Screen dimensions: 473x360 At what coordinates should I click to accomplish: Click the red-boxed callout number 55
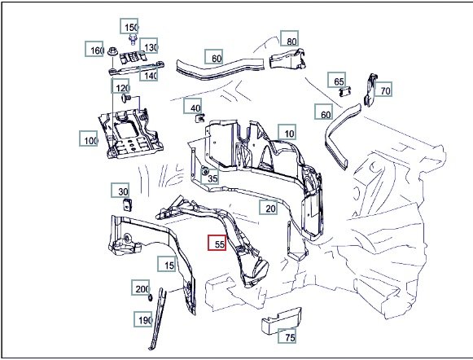tap(217, 243)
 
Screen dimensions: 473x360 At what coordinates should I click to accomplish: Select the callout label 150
tap(129, 26)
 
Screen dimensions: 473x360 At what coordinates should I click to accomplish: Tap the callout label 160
tap(94, 49)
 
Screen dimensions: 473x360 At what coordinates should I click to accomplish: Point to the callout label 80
tap(289, 38)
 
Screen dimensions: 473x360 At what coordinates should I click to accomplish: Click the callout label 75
tap(287, 336)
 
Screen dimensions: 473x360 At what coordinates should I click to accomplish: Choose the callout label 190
tap(143, 319)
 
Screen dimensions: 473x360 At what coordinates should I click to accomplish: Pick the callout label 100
tap(89, 138)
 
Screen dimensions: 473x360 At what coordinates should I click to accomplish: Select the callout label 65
tap(337, 80)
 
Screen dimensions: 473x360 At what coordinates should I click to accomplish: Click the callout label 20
tap(269, 207)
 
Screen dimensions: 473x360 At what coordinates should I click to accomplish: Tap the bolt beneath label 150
tap(133, 40)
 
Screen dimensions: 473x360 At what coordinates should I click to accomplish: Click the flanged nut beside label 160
tap(112, 51)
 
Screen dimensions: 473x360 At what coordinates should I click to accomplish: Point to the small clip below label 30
tap(127, 204)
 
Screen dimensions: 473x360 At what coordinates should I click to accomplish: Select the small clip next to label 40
tap(200, 118)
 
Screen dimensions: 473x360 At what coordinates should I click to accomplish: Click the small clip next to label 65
tap(345, 92)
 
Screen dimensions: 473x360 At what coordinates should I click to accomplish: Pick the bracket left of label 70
tap(370, 90)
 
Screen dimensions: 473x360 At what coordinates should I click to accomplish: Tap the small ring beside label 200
tap(151, 298)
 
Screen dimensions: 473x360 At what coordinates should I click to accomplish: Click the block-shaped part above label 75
tap(281, 321)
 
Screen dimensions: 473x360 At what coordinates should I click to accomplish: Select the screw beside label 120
tap(126, 98)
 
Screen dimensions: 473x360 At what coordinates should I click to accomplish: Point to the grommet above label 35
tap(205, 172)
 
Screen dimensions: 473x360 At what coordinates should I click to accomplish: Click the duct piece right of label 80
tap(287, 59)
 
